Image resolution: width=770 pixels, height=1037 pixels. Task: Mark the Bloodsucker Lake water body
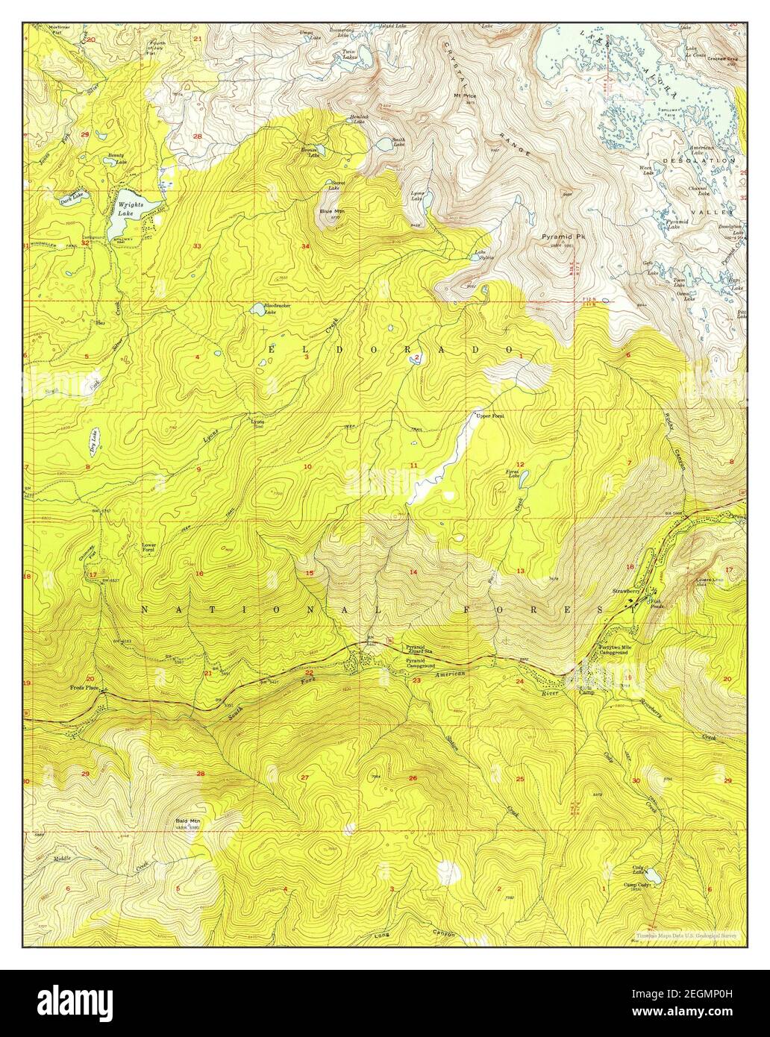tap(257, 307)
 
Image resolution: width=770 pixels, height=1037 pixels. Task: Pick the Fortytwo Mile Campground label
tap(616, 650)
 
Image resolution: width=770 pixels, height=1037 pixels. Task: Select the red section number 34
tap(304, 246)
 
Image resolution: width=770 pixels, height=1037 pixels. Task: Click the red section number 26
tap(413, 778)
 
